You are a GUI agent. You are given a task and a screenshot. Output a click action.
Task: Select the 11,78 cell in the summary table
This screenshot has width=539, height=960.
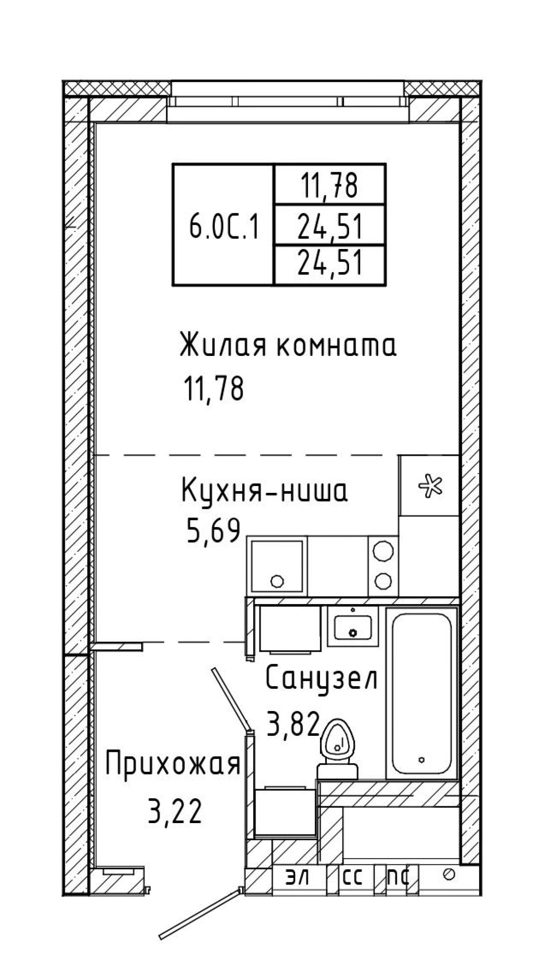[329, 185]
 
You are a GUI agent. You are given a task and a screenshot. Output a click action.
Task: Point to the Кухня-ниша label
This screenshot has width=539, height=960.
[265, 491]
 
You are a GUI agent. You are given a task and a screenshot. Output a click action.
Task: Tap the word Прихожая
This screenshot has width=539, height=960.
[173, 765]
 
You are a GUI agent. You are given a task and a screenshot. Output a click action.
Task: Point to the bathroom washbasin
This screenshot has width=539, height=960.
[353, 626]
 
